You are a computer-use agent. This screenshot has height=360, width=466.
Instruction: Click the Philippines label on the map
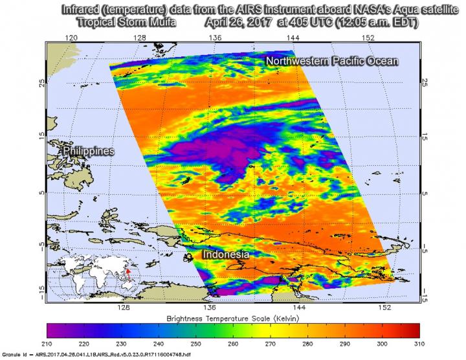click(89, 151)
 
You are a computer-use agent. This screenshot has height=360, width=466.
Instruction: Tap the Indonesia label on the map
click(226, 255)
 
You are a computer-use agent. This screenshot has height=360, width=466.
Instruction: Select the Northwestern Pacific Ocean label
click(331, 61)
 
